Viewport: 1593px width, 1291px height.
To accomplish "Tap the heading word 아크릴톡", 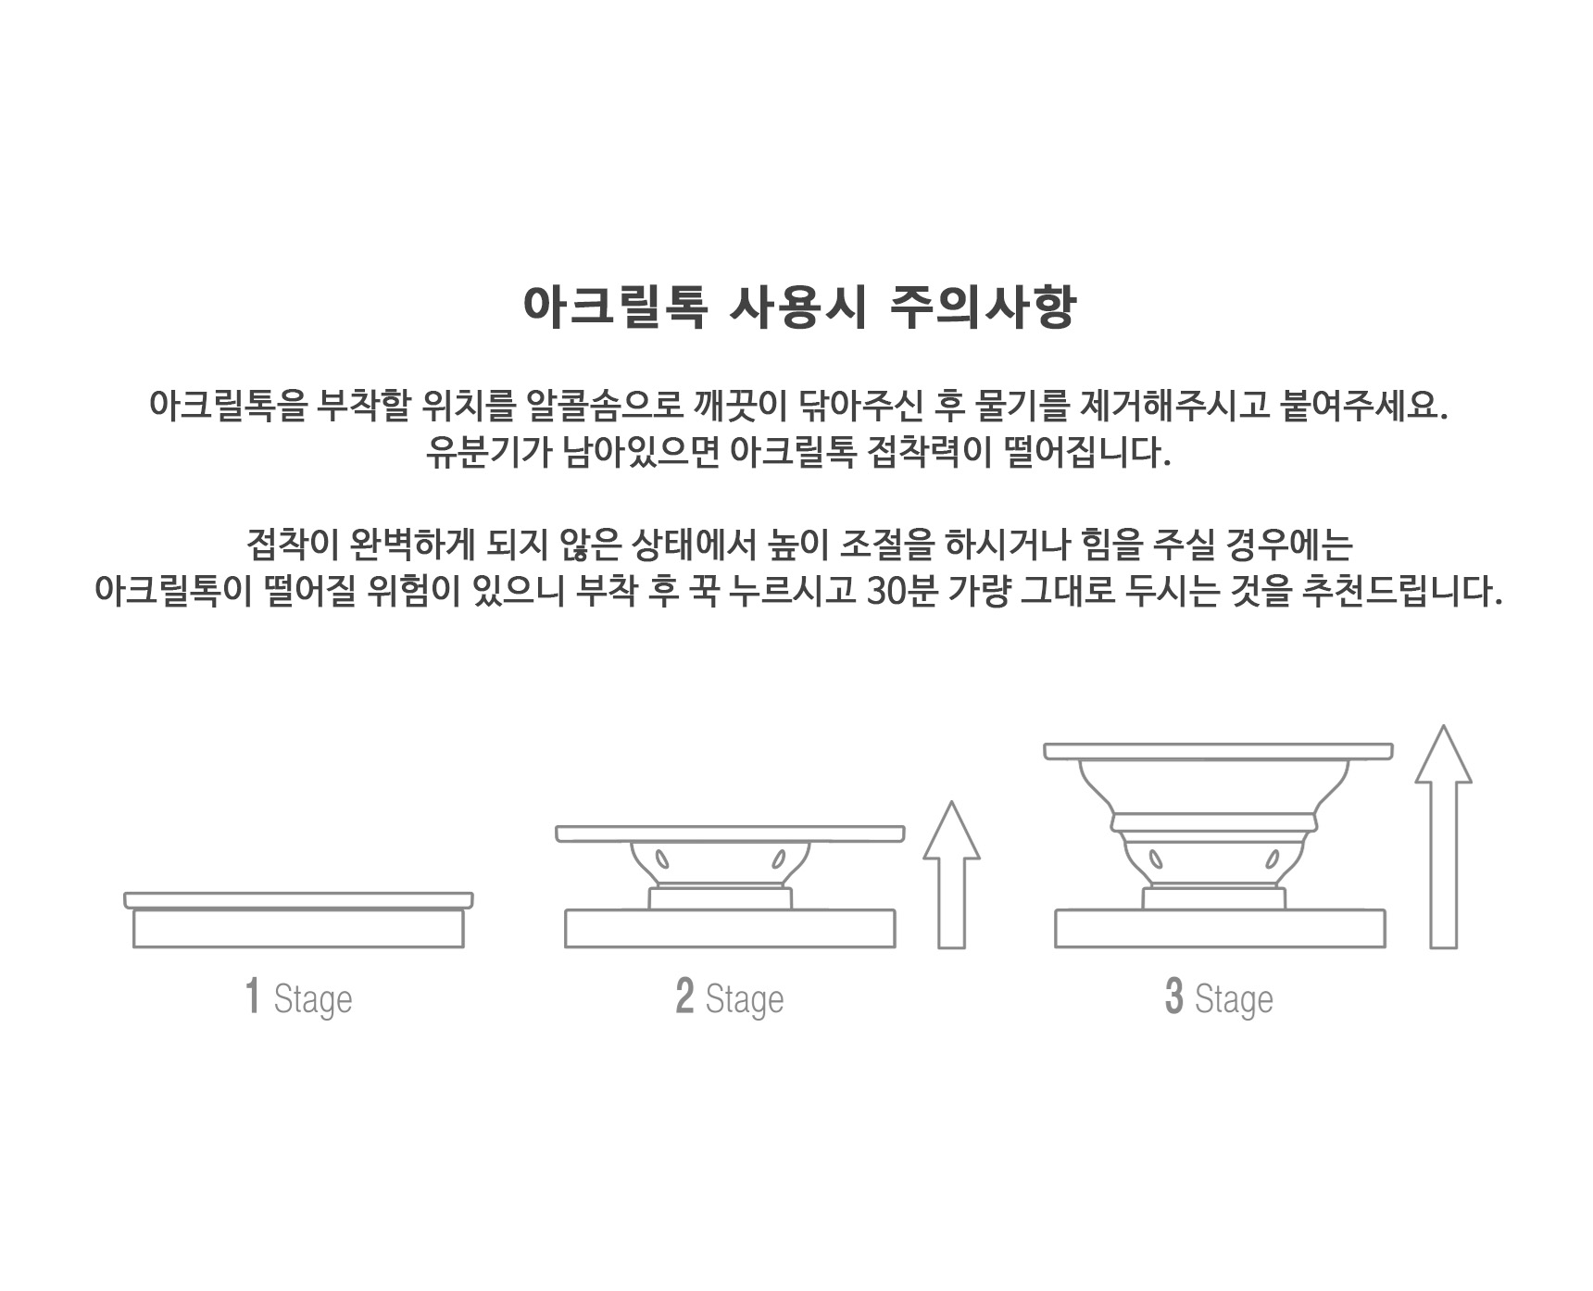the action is (616, 307).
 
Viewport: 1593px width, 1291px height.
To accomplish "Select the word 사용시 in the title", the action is (798, 307).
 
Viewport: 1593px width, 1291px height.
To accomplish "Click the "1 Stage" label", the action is (298, 998).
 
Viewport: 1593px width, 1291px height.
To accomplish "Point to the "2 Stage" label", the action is (730, 998).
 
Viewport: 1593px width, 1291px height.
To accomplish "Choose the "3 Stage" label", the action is (1219, 998).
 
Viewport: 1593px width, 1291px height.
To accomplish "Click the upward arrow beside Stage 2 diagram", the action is (951, 874).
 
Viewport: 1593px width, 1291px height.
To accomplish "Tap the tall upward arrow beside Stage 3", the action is (1443, 836).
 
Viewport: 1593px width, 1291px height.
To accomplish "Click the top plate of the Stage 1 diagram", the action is (298, 900).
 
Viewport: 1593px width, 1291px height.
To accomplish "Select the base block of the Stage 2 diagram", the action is (730, 928).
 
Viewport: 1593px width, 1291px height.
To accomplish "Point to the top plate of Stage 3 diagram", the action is (1219, 751).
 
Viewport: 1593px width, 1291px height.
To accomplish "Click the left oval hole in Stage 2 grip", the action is (662, 859).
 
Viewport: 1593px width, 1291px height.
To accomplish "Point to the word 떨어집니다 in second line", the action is (1089, 453).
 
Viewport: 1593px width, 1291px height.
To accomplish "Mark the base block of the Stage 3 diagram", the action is (1220, 928).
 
